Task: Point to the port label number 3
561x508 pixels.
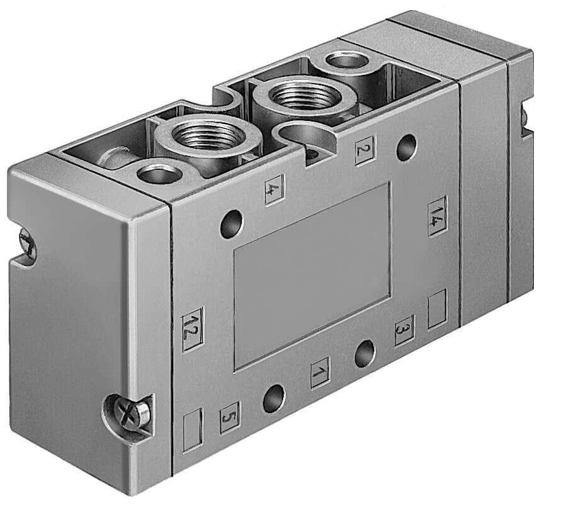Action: pos(404,329)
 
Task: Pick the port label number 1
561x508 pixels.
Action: pos(320,372)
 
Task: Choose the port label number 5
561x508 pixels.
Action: pos(229,417)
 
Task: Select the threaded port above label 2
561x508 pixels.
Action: pos(297,97)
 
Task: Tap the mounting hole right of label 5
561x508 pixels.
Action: pos(274,398)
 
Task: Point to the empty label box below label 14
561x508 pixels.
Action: pos(436,308)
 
